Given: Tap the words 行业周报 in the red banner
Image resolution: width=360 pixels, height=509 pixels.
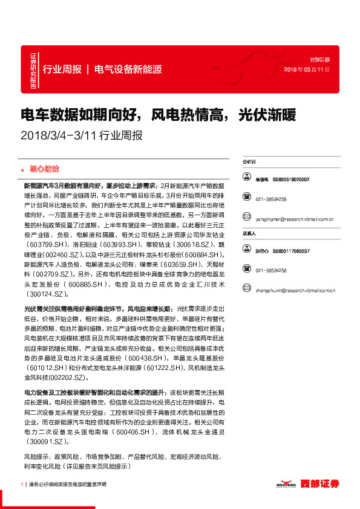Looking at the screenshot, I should coord(62,69).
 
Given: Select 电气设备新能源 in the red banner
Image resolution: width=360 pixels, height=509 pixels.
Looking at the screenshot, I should coord(128,69).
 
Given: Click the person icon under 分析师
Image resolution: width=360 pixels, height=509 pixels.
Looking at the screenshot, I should coord(247,178).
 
